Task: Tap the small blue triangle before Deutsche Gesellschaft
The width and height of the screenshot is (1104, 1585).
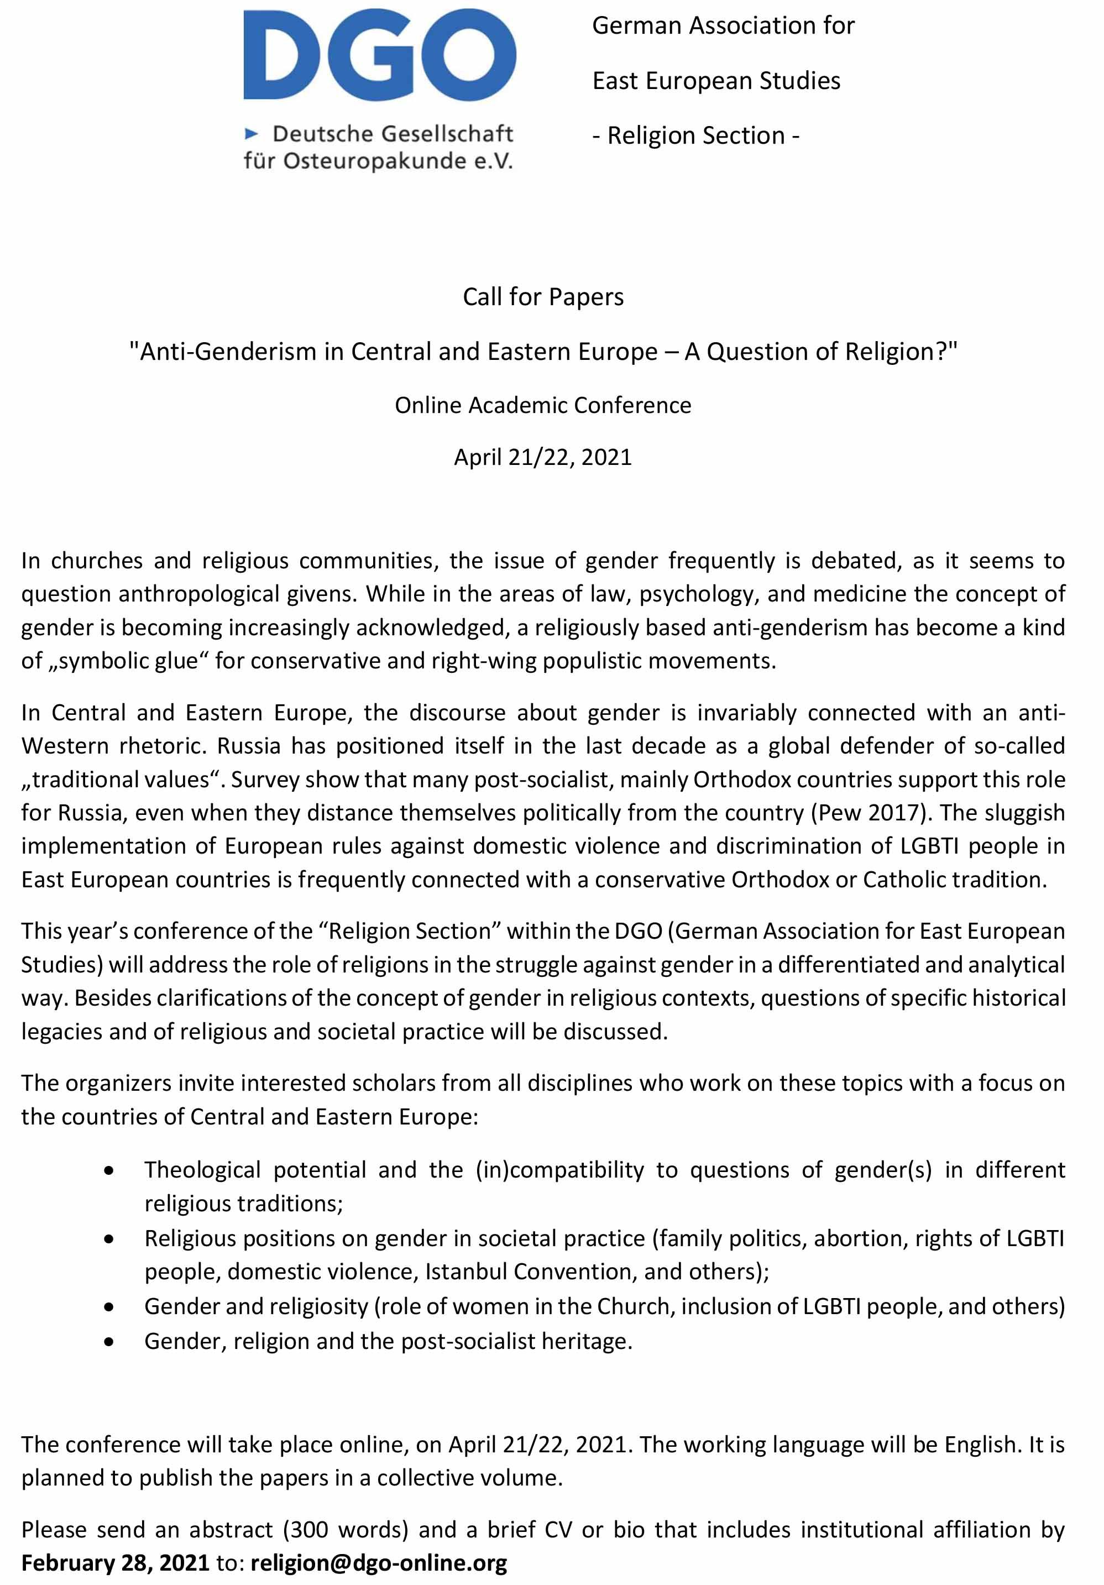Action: [x=252, y=133]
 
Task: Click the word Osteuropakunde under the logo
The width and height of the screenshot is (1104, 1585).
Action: [x=366, y=161]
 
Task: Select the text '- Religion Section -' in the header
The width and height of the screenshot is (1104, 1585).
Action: [x=695, y=135]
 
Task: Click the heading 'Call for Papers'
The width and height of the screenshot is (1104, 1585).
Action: [x=543, y=297]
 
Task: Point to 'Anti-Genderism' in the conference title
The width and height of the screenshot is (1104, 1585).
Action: [x=228, y=352]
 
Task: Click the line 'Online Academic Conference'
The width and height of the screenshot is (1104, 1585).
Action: [x=543, y=405]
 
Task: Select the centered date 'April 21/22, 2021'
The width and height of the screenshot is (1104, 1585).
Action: [x=543, y=457]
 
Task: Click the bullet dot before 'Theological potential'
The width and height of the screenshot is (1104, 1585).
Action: [x=109, y=1171]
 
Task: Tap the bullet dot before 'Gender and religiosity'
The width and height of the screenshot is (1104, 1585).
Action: [x=109, y=1307]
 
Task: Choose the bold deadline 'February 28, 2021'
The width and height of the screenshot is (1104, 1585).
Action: [x=116, y=1563]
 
